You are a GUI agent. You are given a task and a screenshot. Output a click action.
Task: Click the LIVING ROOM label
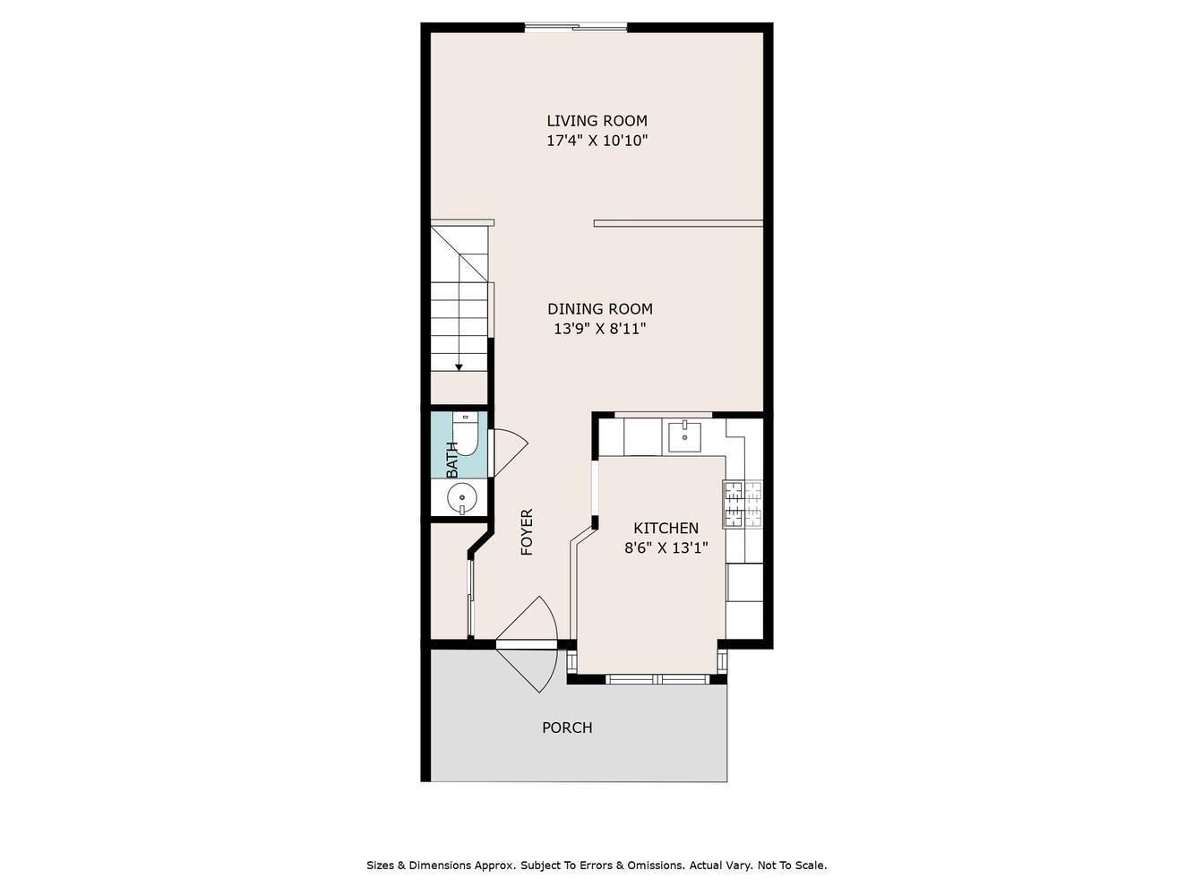click(597, 121)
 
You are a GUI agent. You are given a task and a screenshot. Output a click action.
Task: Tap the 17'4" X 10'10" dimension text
click(597, 141)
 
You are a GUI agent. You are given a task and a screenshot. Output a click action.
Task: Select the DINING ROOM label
click(599, 309)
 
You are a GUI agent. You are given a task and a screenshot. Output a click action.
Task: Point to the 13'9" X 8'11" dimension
click(599, 329)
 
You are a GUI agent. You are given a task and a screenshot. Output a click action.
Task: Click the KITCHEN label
click(666, 529)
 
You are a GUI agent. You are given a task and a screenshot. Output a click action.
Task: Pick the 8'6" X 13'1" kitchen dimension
click(666, 548)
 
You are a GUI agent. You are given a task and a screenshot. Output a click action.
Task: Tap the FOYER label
click(527, 532)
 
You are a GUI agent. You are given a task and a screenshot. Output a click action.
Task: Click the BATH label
click(452, 460)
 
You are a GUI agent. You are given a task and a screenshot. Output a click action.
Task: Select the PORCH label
click(567, 728)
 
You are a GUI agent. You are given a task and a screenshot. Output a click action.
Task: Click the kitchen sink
click(685, 436)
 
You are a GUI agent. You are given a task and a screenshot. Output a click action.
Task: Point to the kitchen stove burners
click(743, 504)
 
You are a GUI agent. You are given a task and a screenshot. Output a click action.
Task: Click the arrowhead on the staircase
click(459, 366)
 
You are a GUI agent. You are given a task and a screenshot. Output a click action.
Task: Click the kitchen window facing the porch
click(659, 679)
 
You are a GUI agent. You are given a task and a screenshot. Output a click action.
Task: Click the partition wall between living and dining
click(678, 223)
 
